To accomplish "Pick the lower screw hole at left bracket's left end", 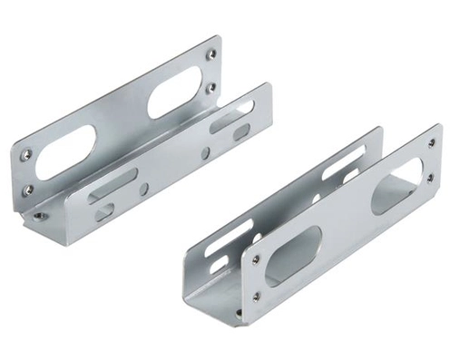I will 27,190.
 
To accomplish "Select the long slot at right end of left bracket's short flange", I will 232,115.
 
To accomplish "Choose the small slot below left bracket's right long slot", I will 240,133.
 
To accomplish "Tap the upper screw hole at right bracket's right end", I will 430,142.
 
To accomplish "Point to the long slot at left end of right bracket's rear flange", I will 224,248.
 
